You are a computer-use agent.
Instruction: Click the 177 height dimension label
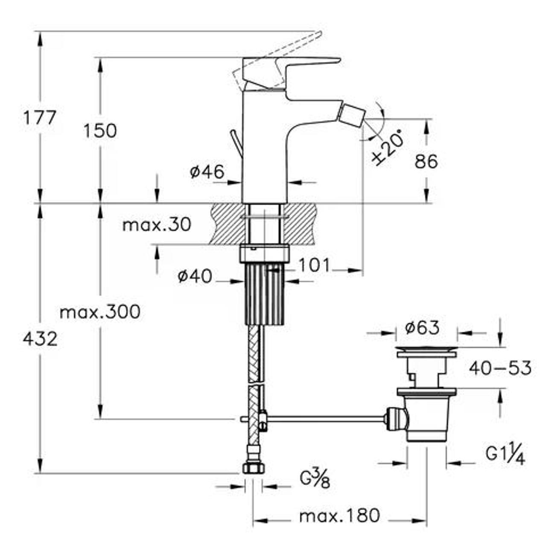coord(40,117)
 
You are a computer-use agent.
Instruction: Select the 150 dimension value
coord(100,131)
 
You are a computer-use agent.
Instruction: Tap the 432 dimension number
coord(40,339)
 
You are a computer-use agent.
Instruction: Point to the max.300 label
coord(100,312)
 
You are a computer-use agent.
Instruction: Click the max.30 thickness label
coord(156,224)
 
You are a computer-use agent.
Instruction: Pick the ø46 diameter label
coord(207,172)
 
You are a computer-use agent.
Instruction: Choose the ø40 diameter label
coord(195,277)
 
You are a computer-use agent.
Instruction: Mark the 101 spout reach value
coord(314,266)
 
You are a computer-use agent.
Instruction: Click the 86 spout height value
coord(426,162)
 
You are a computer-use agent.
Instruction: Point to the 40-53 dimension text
coord(500,368)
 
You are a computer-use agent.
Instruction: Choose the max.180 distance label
coord(339,516)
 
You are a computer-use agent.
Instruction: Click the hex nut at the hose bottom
coord(254,468)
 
